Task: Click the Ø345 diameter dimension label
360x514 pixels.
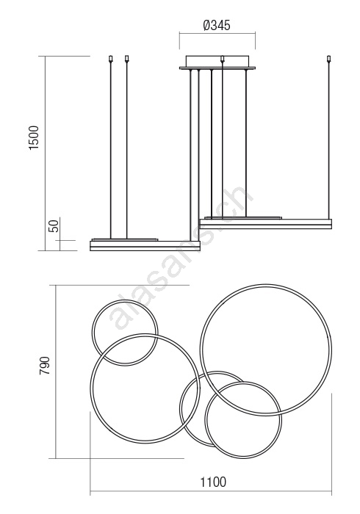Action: point(217,25)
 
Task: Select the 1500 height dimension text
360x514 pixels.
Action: point(34,138)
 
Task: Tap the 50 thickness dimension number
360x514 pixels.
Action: point(54,225)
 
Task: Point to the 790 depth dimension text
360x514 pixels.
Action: point(44,366)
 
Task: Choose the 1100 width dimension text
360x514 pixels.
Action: point(213,482)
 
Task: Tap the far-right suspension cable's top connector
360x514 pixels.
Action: point(328,59)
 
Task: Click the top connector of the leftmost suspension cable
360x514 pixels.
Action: point(111,59)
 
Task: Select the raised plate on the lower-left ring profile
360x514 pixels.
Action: point(125,239)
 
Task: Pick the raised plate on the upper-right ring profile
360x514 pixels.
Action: point(243,217)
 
